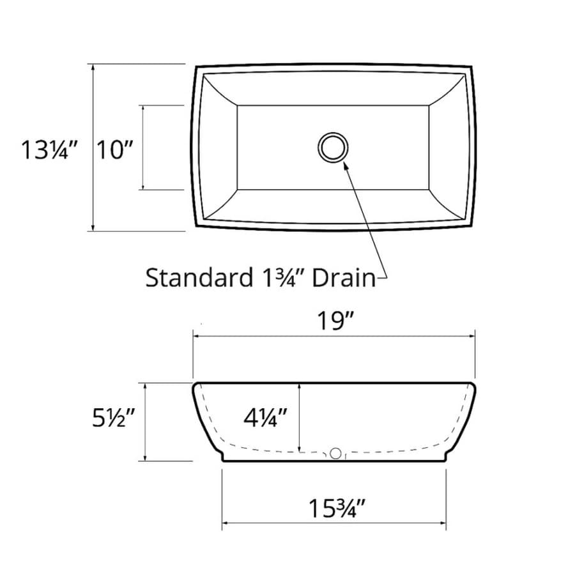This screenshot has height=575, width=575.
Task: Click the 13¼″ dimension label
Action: coord(50,149)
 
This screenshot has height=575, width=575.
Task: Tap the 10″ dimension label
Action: coord(114,149)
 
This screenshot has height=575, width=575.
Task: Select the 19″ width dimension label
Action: coord(335,321)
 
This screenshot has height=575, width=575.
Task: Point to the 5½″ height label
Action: coord(114,418)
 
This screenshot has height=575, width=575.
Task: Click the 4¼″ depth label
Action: coord(265,417)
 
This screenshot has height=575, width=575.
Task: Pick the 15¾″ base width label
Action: coord(337,509)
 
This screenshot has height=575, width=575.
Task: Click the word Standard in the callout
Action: coord(199,278)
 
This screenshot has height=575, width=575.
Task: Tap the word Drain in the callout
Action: coord(344,278)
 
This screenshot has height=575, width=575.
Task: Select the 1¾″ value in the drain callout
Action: coord(283,278)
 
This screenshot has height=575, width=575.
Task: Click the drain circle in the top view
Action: coord(333,132)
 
